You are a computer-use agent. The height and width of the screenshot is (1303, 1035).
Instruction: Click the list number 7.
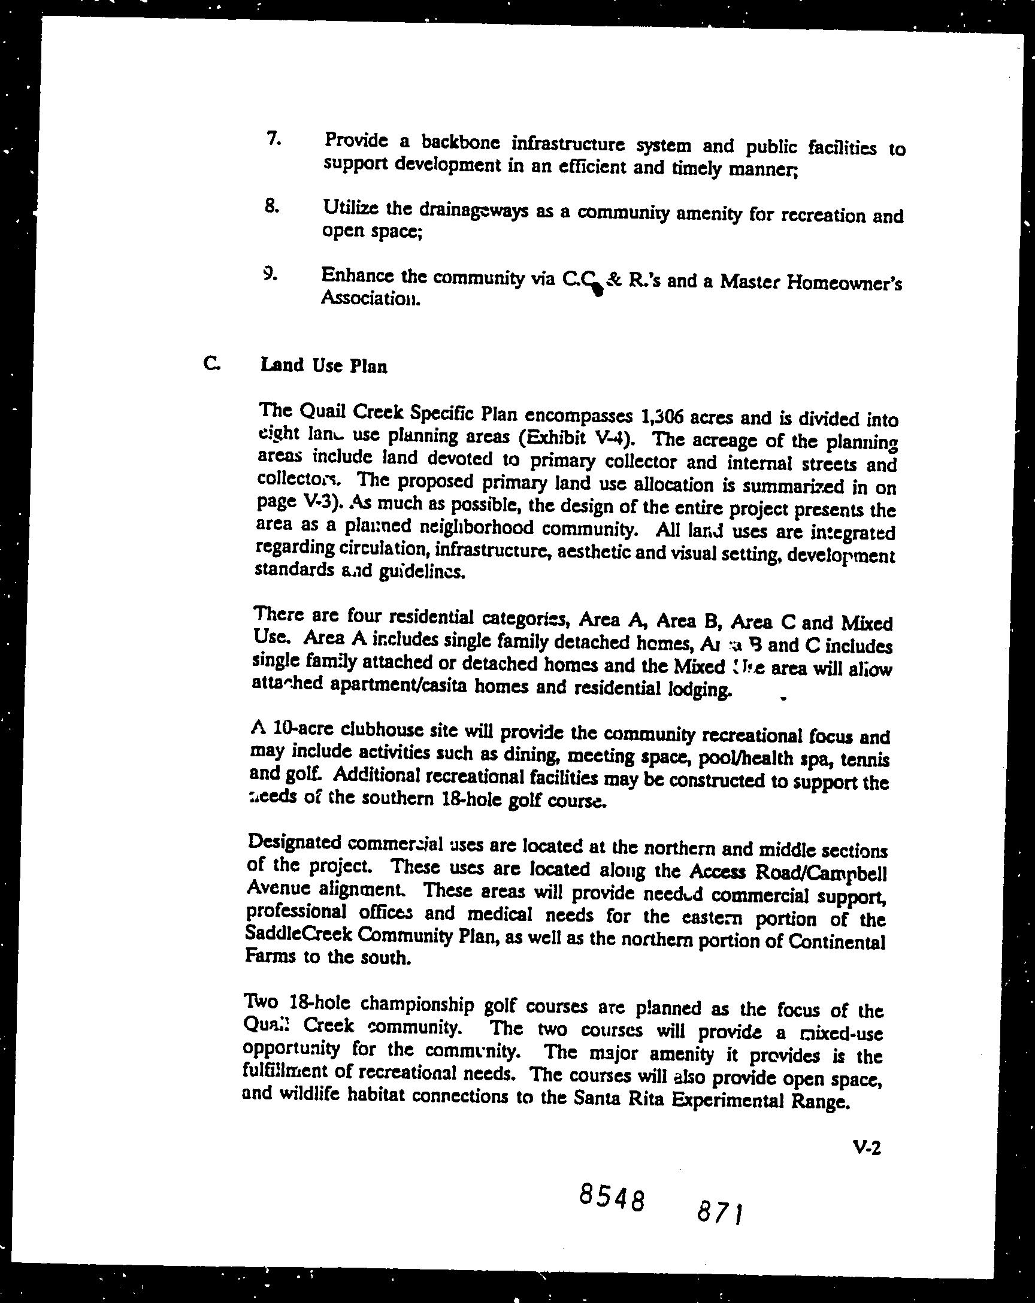(273, 138)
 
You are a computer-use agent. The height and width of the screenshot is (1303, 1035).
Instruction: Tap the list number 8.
(272, 206)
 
